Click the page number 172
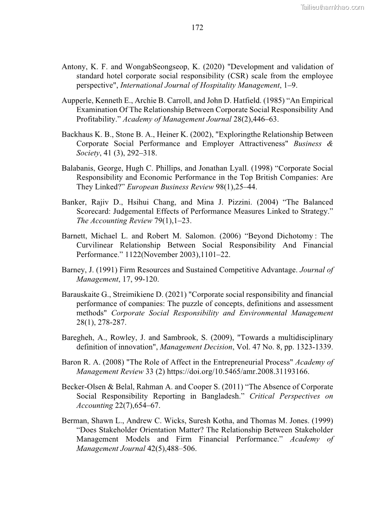pyautogui.click(x=197, y=28)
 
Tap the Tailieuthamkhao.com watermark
pyautogui.click(x=332, y=7)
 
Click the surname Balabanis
pyautogui.click(x=77, y=168)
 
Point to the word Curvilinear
pyautogui.click(x=95, y=245)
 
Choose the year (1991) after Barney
pyautogui.click(x=105, y=270)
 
